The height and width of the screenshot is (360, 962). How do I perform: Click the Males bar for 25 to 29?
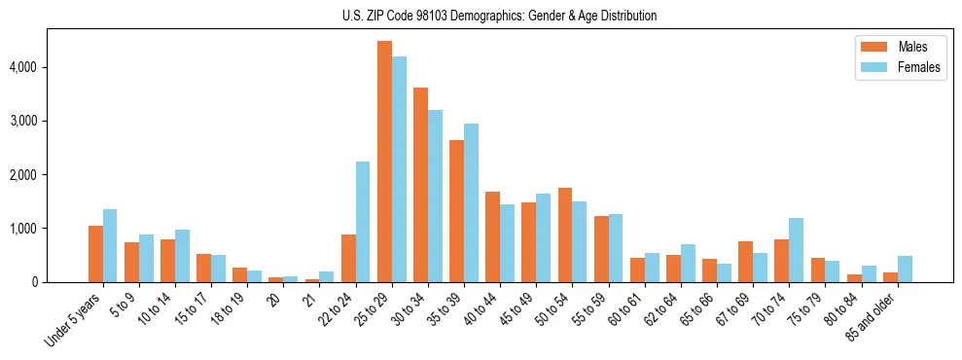384,162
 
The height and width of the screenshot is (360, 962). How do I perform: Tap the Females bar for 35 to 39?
471,202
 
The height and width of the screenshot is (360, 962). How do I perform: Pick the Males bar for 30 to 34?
420,185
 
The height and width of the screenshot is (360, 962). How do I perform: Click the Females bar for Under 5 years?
110,245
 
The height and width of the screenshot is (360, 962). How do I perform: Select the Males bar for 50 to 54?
565,234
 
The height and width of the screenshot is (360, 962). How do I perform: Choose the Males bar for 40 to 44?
492,236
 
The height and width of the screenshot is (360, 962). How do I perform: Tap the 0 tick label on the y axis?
37,282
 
